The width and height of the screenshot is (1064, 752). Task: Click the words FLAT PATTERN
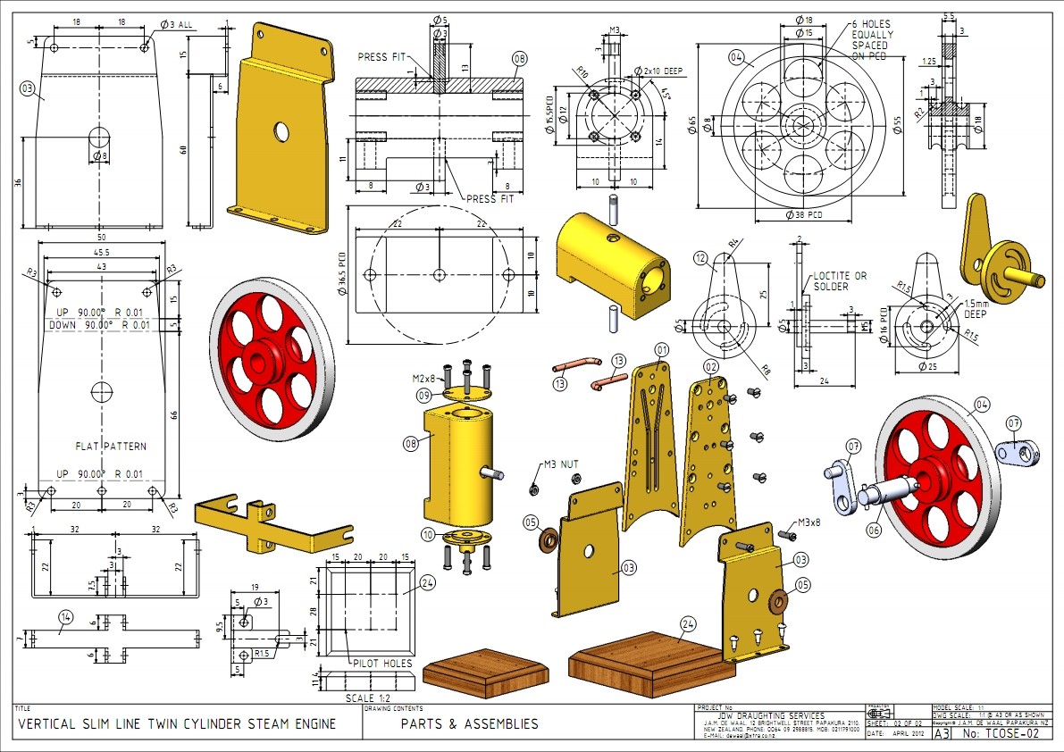pyautogui.click(x=110, y=446)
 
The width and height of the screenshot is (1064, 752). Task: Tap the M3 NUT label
pyautogui.click(x=562, y=464)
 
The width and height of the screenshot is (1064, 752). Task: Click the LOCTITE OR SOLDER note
pyautogui.click(x=840, y=280)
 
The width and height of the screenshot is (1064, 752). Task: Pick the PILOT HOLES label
pyautogui.click(x=381, y=664)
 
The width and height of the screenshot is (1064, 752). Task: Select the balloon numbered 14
pyautogui.click(x=65, y=629)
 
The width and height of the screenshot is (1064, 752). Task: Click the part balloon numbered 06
pyautogui.click(x=873, y=530)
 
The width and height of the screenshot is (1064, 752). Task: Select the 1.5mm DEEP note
pyautogui.click(x=983, y=308)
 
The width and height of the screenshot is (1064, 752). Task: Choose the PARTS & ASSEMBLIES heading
pyautogui.click(x=469, y=723)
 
